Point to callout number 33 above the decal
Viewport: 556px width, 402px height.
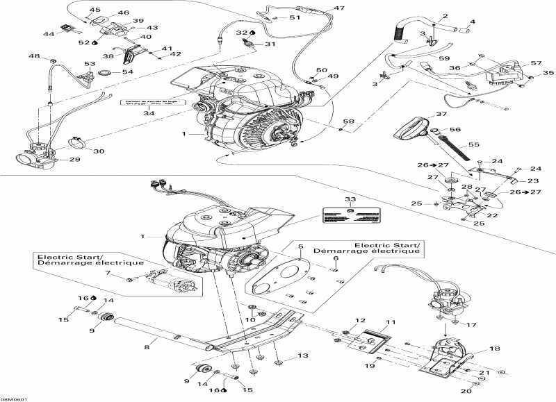pyautogui.click(x=350, y=199)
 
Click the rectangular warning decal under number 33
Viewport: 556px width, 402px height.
pyautogui.click(x=350, y=215)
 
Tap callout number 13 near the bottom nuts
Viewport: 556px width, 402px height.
pyautogui.click(x=302, y=355)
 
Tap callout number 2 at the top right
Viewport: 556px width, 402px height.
pyautogui.click(x=445, y=16)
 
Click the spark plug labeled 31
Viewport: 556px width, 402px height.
pyautogui.click(x=245, y=44)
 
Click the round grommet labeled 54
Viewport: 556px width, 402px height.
pyautogui.click(x=106, y=72)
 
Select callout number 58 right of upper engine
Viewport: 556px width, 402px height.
pyautogui.click(x=348, y=122)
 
